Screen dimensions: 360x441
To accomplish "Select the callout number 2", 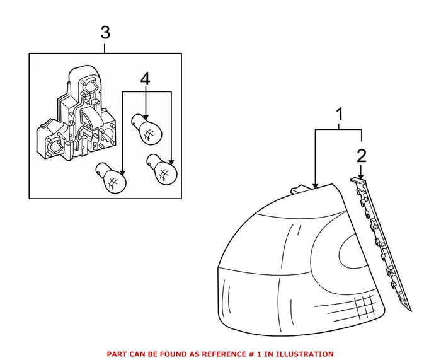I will pyautogui.click(x=361, y=155).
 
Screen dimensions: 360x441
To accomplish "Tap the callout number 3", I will pyautogui.click(x=105, y=32).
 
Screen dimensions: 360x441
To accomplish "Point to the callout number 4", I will pyautogui.click(x=146, y=79).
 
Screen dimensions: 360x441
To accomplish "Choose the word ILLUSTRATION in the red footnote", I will pyautogui.click(x=305, y=354).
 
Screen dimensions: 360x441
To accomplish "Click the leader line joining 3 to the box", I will pyautogui.click(x=105, y=47).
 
